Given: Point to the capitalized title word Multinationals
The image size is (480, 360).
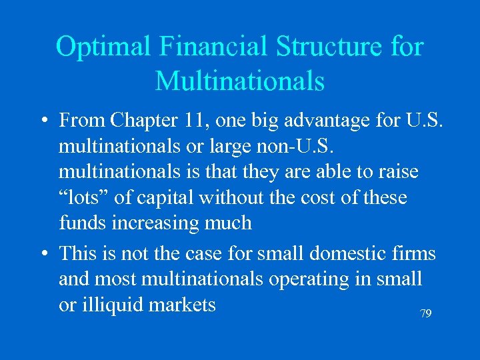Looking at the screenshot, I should [x=239, y=81].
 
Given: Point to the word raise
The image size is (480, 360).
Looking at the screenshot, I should [x=398, y=171].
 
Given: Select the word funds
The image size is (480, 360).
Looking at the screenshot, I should [x=81, y=223].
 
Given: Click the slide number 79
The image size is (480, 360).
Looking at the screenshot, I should [x=425, y=313].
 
